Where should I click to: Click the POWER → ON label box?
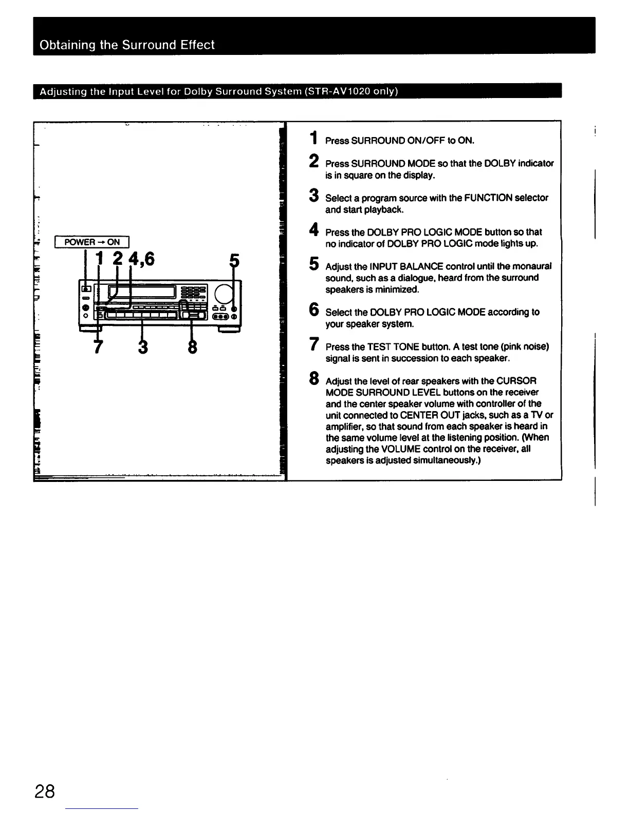coord(94,242)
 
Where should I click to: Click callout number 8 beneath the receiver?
coord(192,346)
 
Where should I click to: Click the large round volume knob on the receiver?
coord(224,293)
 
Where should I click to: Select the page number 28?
coord(45,791)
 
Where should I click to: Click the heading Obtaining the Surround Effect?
coord(127,45)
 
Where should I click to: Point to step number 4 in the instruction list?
coord(313,230)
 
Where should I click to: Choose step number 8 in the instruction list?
coord(313,379)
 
